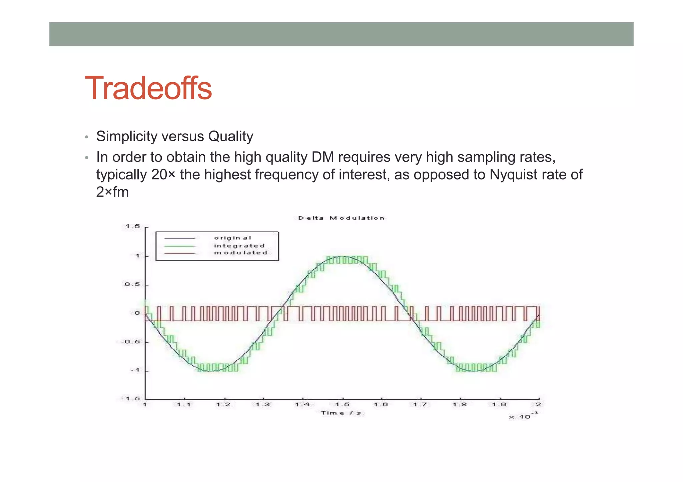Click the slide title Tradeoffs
148,88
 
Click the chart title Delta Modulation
341,218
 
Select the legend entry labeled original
232,238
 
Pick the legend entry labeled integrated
239,246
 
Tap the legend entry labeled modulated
240,253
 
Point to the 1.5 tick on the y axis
133,227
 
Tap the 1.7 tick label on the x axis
420,405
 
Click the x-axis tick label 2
538,405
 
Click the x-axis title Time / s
341,413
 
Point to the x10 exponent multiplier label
523,416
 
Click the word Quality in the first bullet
230,137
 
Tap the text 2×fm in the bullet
112,192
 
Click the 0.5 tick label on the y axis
132,285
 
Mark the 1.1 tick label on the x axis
183,405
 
